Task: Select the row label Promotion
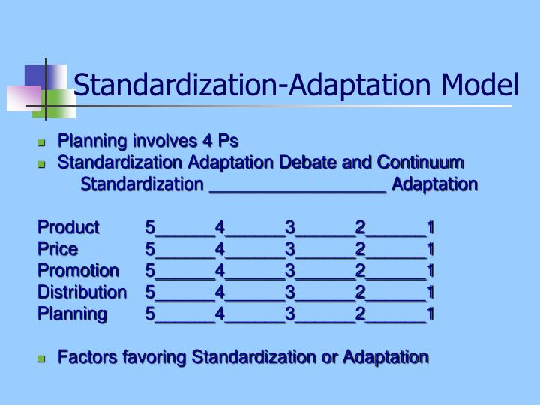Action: tap(78, 270)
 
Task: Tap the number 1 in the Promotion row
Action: tap(430, 270)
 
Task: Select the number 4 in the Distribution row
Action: tap(220, 291)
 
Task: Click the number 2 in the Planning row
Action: tap(361, 313)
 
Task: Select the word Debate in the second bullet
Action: tap(308, 163)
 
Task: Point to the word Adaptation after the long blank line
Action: tap(434, 184)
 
